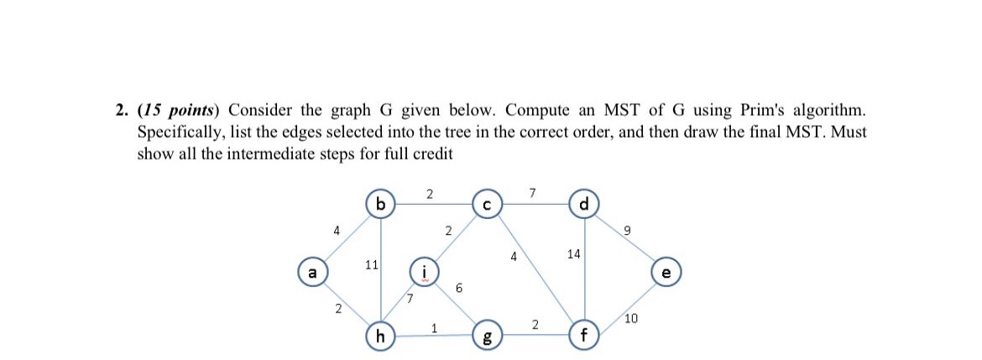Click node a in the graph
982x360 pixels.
pyautogui.click(x=313, y=273)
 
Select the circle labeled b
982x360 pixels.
pyautogui.click(x=381, y=205)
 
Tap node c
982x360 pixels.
pyautogui.click(x=487, y=205)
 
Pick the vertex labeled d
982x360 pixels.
pyautogui.click(x=584, y=205)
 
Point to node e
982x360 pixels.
pyautogui.click(x=666, y=273)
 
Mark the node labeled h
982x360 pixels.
pyautogui.click(x=381, y=337)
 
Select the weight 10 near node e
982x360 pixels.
pyautogui.click(x=632, y=317)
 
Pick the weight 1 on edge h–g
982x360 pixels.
pyautogui.click(x=434, y=328)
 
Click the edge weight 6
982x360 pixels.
pyautogui.click(x=458, y=288)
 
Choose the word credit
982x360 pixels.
pyautogui.click(x=433, y=154)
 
